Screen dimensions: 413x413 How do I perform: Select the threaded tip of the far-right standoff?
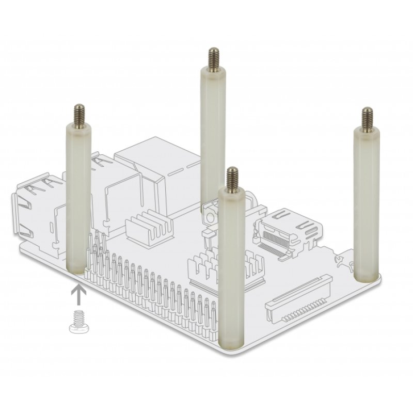tap(367, 117)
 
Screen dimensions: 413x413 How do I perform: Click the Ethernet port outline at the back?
tap(155, 165)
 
